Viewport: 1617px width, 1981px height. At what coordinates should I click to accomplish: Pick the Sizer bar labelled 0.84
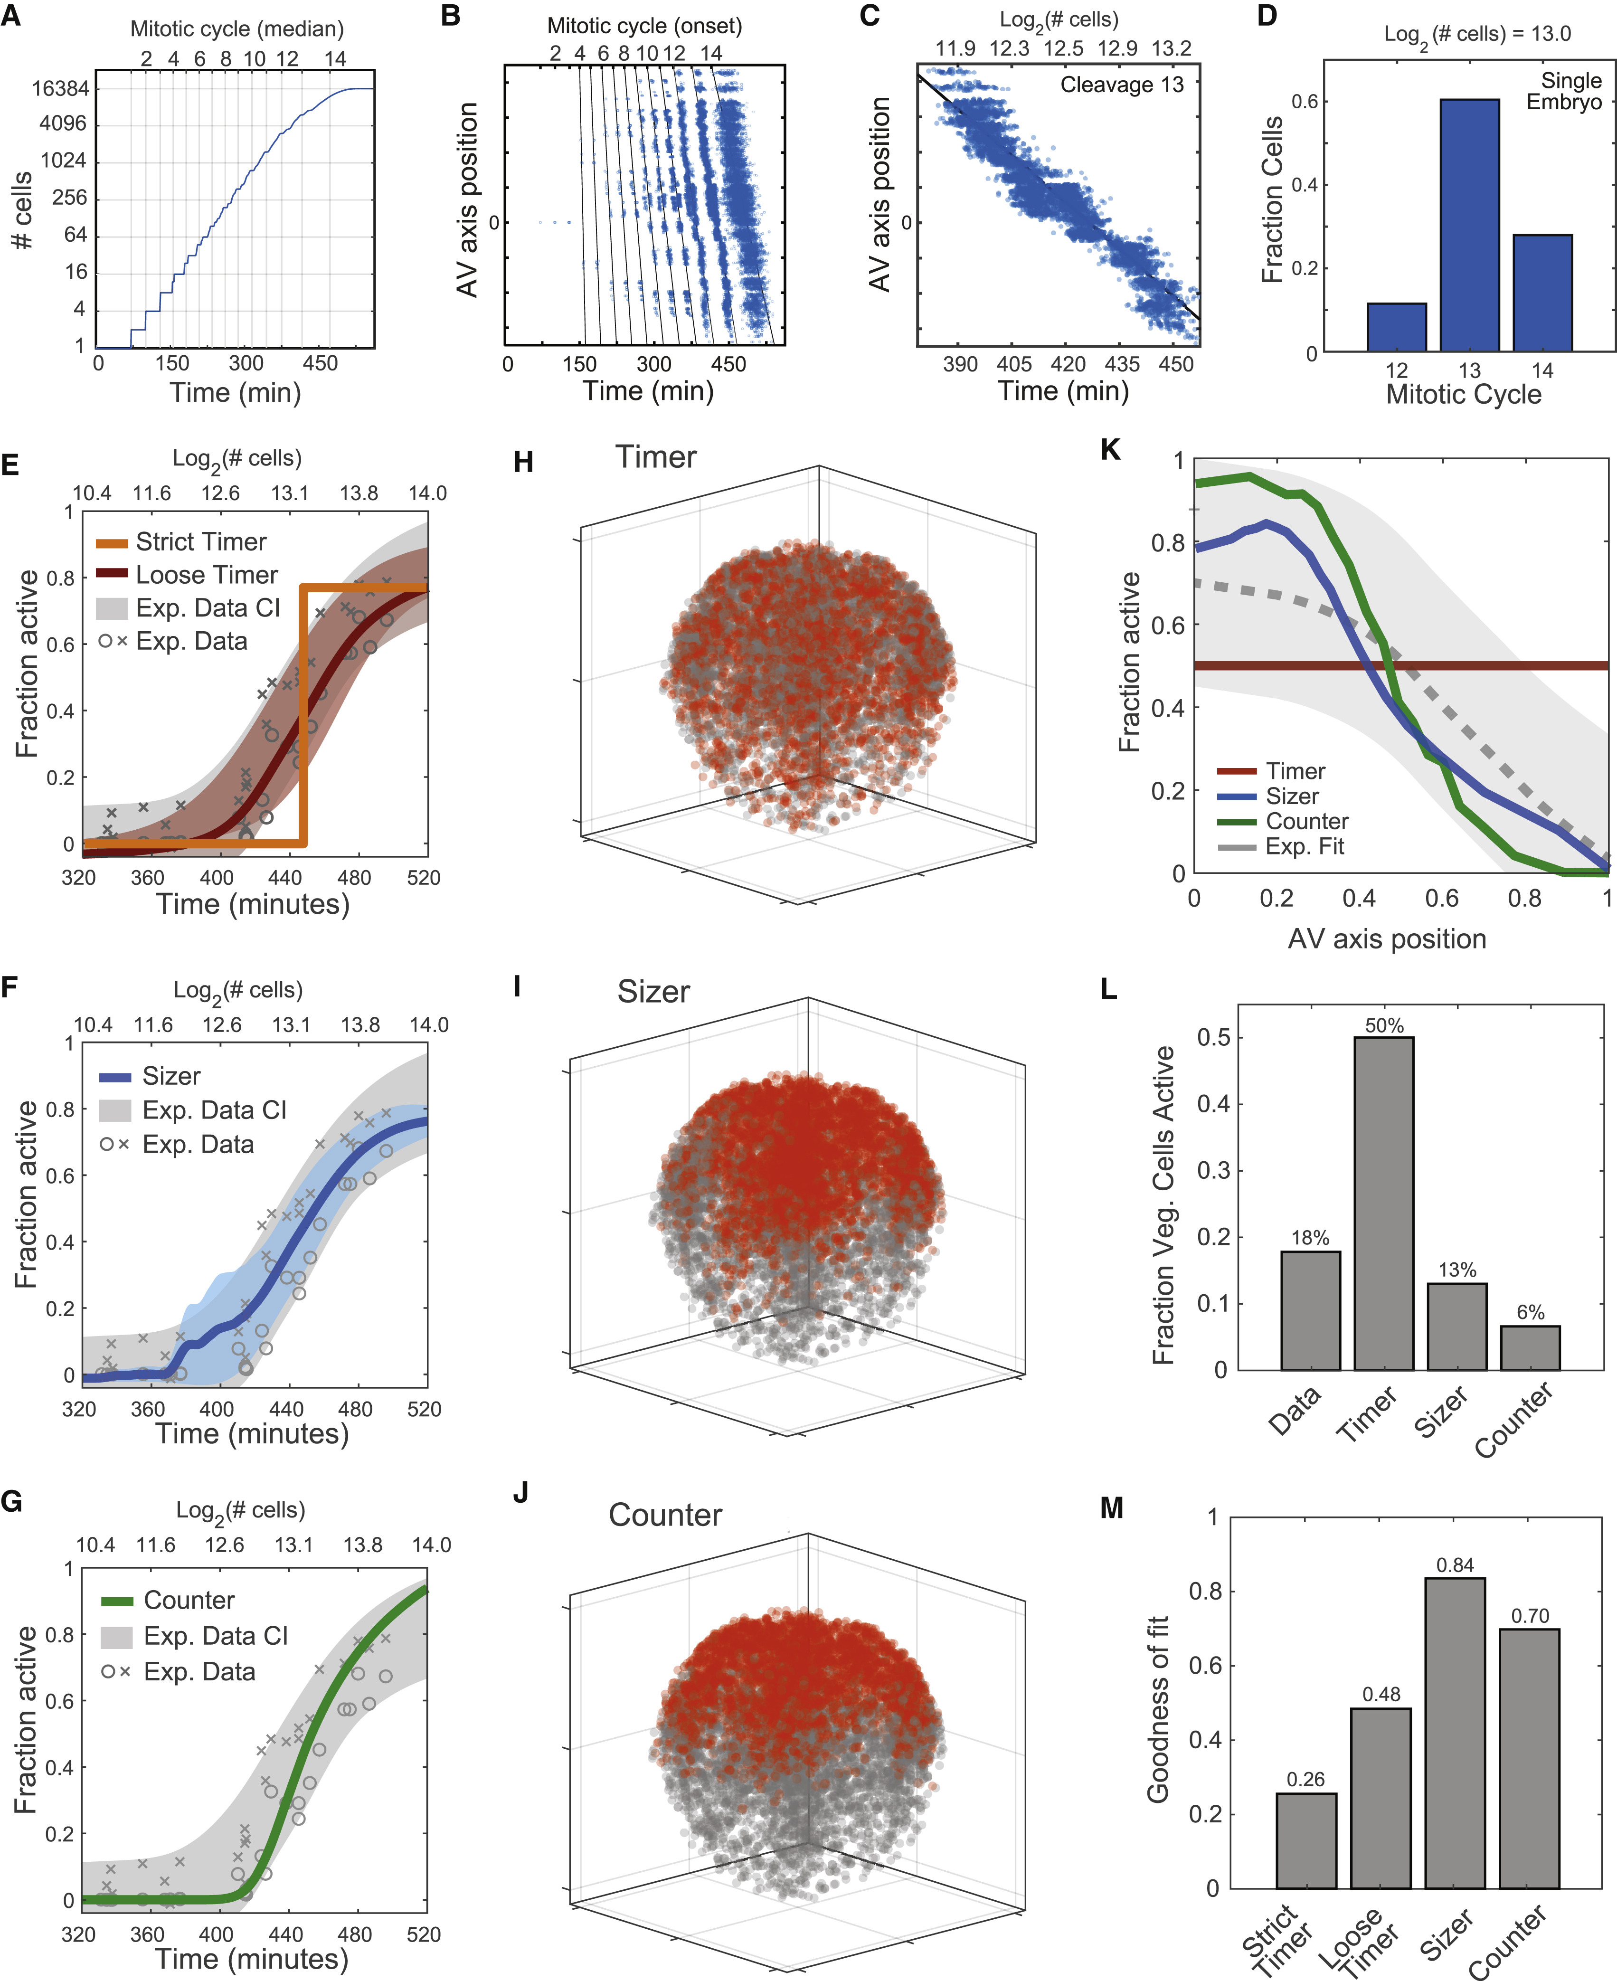(x=1455, y=1732)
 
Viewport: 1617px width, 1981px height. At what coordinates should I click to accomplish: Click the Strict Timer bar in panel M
(x=1306, y=1839)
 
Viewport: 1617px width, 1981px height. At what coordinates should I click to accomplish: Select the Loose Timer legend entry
(x=206, y=575)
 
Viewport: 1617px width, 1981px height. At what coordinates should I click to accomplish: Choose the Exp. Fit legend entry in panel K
(x=1304, y=847)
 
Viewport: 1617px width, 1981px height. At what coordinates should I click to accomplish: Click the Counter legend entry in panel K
(x=1306, y=822)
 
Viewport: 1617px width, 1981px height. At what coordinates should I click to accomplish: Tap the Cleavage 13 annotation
(x=1122, y=85)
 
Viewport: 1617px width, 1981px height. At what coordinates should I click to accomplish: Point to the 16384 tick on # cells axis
(x=60, y=88)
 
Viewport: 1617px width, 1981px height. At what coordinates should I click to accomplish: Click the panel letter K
(x=1110, y=450)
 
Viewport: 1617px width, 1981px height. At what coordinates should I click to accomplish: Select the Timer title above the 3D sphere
(x=656, y=457)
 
